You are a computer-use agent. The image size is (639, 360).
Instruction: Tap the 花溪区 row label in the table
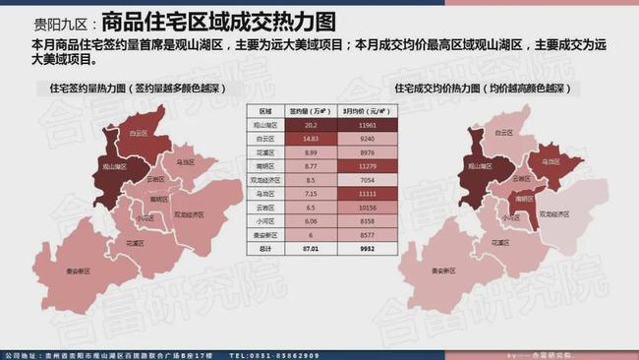click(x=263, y=153)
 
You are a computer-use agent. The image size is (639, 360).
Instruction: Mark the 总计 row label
click(x=263, y=250)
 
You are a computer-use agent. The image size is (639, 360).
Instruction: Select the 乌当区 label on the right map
click(x=545, y=161)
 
